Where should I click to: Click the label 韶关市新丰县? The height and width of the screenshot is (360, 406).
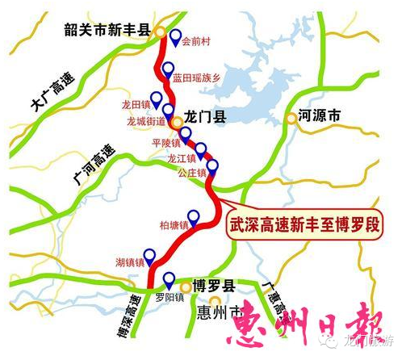point(108,30)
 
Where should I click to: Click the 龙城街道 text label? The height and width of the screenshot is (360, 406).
point(145,122)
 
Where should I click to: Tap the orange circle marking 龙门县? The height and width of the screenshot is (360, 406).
point(177,122)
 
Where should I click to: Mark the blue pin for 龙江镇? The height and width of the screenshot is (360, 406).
point(202,150)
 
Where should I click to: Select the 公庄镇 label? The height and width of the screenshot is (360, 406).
point(195,174)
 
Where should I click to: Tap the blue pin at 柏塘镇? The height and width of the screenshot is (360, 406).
point(194,216)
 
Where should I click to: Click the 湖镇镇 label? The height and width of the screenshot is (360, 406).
point(130,263)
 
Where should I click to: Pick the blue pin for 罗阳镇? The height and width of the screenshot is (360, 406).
point(169,281)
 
